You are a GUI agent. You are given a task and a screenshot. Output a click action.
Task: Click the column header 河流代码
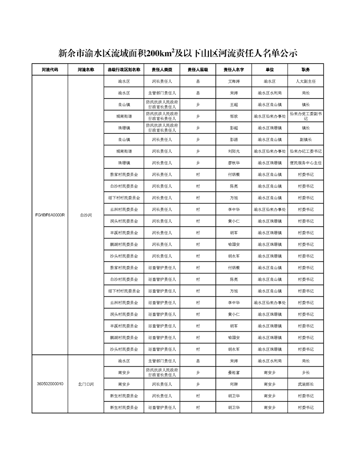pyautogui.click(x=49, y=70)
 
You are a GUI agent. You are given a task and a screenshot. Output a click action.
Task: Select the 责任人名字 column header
pyautogui.click(x=234, y=70)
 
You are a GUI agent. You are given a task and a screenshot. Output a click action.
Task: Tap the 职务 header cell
pyautogui.click(x=306, y=70)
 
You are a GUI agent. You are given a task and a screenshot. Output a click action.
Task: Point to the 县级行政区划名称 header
pyautogui.click(x=124, y=70)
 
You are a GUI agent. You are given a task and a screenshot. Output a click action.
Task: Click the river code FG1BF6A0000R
pyautogui.click(x=50, y=215)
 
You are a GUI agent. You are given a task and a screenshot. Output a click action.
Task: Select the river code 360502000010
pyautogui.click(x=50, y=384)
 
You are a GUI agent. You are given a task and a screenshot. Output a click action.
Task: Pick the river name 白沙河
pyautogui.click(x=86, y=215)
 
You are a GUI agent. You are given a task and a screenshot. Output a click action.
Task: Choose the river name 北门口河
pyautogui.click(x=86, y=384)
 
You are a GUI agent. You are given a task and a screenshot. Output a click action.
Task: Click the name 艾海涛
pyautogui.click(x=234, y=82)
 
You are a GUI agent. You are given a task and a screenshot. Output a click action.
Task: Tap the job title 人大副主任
pyautogui.click(x=306, y=82)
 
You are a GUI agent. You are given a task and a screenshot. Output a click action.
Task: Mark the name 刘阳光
pyautogui.click(x=234, y=151)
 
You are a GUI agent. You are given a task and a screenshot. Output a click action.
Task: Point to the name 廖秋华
pyautogui.click(x=234, y=163)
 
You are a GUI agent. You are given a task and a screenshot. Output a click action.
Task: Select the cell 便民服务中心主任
pyautogui.click(x=306, y=163)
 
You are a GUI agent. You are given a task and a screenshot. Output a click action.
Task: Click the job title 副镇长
pyautogui.click(x=306, y=140)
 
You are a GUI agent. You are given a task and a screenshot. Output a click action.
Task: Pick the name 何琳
pyautogui.click(x=234, y=384)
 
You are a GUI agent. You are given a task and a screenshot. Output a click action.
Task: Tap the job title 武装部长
pyautogui.click(x=306, y=384)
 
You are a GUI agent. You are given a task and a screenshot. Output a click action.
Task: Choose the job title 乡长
pyautogui.click(x=306, y=373)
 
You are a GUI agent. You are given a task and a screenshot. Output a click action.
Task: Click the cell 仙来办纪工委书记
pyautogui.click(x=306, y=151)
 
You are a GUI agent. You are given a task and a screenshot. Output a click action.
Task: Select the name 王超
pyautogui.click(x=234, y=105)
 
